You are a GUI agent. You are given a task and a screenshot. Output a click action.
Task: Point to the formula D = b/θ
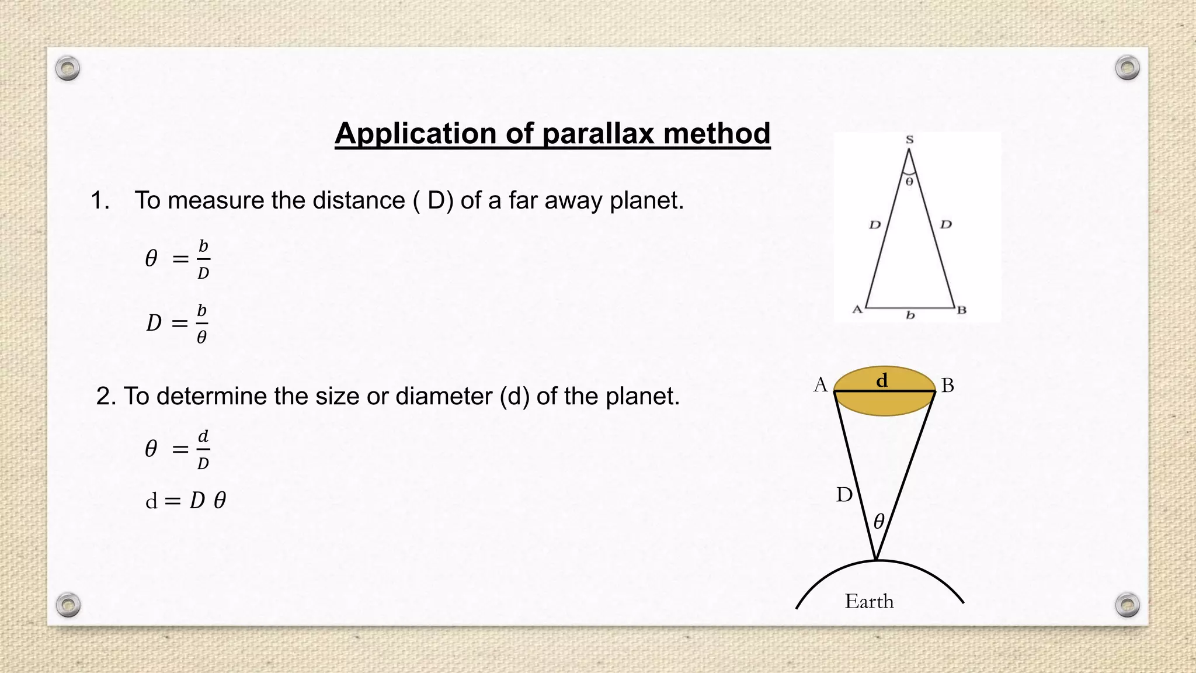[178, 323]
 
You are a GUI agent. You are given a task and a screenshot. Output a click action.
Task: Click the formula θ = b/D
[178, 259]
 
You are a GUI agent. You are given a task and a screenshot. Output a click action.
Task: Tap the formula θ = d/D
[178, 449]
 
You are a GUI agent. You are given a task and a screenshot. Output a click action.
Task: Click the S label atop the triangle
[909, 140]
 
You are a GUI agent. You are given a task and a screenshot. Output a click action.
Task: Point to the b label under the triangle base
[910, 315]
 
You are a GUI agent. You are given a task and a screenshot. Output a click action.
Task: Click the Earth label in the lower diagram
[869, 602]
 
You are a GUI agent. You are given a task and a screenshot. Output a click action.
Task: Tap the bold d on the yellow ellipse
[882, 380]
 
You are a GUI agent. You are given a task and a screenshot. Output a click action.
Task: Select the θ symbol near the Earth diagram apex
[879, 521]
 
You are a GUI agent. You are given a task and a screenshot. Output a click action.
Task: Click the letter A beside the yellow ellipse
[820, 385]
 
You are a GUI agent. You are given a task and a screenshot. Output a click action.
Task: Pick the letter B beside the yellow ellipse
[948, 386]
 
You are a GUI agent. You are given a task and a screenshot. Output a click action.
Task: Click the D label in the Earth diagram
[844, 495]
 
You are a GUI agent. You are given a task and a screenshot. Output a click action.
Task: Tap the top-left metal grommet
[68, 69]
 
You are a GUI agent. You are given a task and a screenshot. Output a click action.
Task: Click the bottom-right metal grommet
[1127, 605]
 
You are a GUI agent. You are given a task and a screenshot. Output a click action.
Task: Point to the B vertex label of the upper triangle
[961, 310]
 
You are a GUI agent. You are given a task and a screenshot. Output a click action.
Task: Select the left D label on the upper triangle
[874, 225]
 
